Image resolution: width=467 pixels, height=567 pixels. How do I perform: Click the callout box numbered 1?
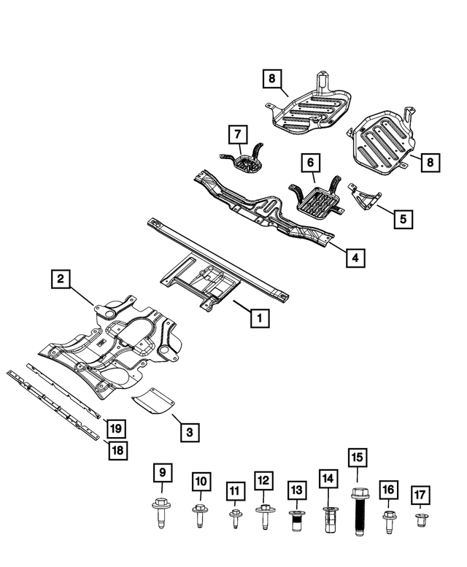[x=258, y=318]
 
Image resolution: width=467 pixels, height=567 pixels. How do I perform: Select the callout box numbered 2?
[x=61, y=278]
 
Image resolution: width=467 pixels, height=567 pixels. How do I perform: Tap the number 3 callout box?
[x=189, y=433]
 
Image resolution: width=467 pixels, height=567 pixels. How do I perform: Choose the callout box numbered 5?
[x=402, y=217]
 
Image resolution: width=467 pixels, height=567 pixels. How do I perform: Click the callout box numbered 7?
[x=237, y=134]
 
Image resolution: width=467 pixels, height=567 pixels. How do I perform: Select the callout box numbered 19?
[x=115, y=427]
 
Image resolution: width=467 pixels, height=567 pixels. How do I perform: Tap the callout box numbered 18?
[x=116, y=450]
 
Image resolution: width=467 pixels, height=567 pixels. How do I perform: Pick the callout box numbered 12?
[x=263, y=481]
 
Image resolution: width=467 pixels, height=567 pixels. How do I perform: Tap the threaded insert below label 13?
[x=296, y=521]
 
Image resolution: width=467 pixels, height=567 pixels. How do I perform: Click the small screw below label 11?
[x=234, y=520]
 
